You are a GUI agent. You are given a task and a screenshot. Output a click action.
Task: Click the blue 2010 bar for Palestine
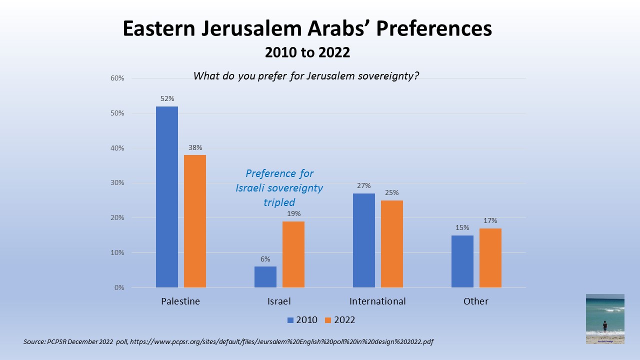[167, 197]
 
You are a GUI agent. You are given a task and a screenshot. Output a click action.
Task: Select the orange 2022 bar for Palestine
[195, 221]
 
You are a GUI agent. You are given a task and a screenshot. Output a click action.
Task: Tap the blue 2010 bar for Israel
[265, 277]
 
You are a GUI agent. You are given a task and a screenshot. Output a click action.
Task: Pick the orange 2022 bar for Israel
[293, 254]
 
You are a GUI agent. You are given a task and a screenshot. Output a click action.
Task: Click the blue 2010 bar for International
[364, 240]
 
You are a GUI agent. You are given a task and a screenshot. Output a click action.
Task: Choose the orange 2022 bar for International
[392, 244]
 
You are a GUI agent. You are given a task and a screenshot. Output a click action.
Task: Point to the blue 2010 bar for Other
[462, 261]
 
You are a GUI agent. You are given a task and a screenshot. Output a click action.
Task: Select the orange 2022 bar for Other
[490, 258]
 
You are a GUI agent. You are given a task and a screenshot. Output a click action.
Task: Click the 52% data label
[167, 99]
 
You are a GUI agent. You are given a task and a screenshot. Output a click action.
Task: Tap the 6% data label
[265, 259]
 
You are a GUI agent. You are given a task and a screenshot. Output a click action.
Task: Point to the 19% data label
[293, 213]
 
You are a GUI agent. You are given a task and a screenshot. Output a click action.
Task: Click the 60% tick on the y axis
[117, 78]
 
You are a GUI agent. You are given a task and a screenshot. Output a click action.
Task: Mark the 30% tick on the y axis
[117, 183]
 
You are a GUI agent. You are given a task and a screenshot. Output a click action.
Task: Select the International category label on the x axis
[377, 301]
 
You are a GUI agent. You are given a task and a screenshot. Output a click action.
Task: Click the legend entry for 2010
[302, 320]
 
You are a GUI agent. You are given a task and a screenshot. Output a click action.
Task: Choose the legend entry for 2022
[340, 320]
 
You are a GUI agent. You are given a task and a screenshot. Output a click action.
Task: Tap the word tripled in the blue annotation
[279, 202]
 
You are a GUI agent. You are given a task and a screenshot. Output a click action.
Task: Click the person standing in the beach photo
[605, 326]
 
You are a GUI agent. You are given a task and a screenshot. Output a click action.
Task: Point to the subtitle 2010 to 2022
[307, 52]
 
